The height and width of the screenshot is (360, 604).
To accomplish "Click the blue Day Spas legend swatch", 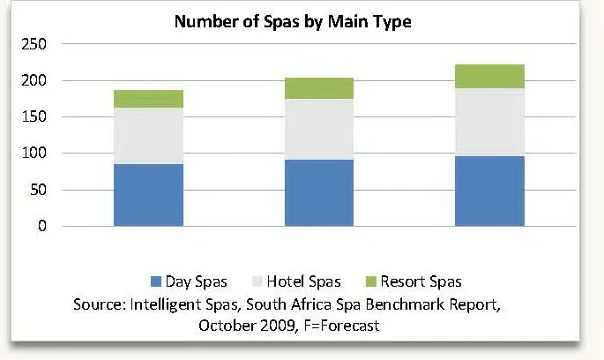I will point(157,282).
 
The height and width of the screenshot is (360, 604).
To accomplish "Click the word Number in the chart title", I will point(201,21).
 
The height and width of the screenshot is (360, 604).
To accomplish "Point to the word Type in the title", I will point(391,21).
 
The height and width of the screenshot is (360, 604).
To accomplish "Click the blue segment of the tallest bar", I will point(489,191).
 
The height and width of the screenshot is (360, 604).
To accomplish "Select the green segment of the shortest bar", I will point(148,99).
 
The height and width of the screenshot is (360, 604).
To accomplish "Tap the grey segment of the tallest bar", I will point(489,122).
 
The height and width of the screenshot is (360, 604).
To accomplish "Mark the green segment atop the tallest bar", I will point(489,76).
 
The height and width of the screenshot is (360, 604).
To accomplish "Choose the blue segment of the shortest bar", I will point(148,195).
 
